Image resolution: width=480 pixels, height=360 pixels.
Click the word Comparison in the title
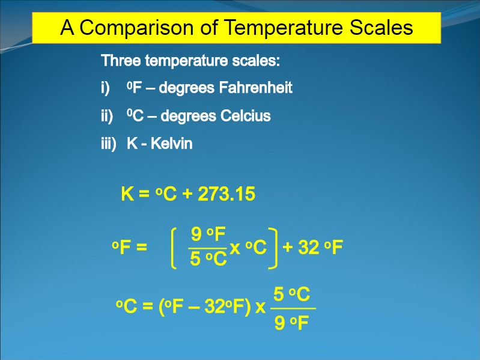[136, 28]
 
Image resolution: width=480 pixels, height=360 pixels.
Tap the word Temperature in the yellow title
[284, 28]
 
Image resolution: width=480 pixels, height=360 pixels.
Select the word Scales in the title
[381, 27]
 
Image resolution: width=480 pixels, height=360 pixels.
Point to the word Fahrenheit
[256, 88]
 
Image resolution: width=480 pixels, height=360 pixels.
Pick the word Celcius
[246, 116]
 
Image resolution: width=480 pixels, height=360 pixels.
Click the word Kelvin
[171, 143]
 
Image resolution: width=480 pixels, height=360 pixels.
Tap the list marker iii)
[109, 144]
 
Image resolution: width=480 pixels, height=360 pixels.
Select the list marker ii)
[107, 117]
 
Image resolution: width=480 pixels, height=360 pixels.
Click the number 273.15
[226, 194]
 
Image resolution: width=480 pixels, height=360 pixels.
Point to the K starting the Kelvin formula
[127, 194]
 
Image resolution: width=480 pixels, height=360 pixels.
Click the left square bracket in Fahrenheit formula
[174, 248]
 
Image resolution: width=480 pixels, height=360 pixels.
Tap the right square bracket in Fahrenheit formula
[273, 248]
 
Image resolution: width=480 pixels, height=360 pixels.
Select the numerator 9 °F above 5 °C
[208, 234]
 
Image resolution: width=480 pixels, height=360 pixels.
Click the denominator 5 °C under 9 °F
[208, 258]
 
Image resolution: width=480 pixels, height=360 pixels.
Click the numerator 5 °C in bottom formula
[292, 294]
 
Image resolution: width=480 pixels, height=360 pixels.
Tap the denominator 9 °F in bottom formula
[291, 323]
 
